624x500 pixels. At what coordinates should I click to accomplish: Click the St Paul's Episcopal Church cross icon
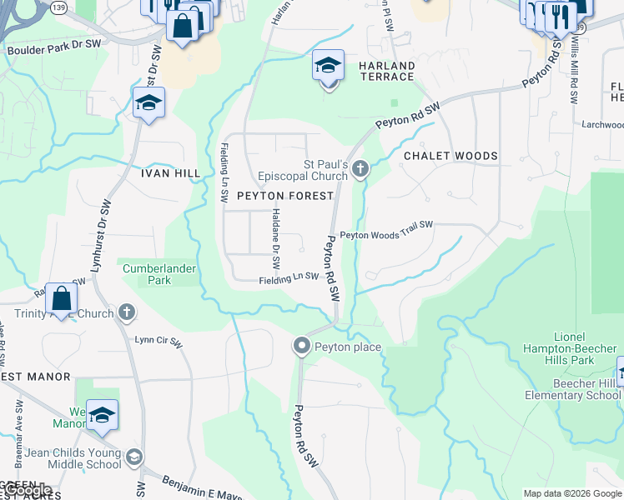point(360,170)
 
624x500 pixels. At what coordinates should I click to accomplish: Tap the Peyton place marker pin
point(302,346)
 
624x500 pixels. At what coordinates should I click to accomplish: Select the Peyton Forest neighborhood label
point(285,196)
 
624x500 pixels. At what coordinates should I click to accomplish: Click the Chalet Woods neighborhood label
point(450,156)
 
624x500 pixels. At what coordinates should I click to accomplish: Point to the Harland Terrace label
point(386,71)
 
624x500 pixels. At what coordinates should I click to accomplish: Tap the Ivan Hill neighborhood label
point(169,173)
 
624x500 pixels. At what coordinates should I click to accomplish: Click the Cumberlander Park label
point(157,274)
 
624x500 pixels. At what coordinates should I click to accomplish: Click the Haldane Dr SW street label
point(276,233)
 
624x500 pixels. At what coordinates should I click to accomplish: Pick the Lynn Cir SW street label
point(159,342)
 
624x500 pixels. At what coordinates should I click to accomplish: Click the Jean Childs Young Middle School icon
point(133,457)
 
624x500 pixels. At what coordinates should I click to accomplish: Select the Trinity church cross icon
point(126,313)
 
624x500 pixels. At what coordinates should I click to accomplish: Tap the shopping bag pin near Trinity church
point(61,297)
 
